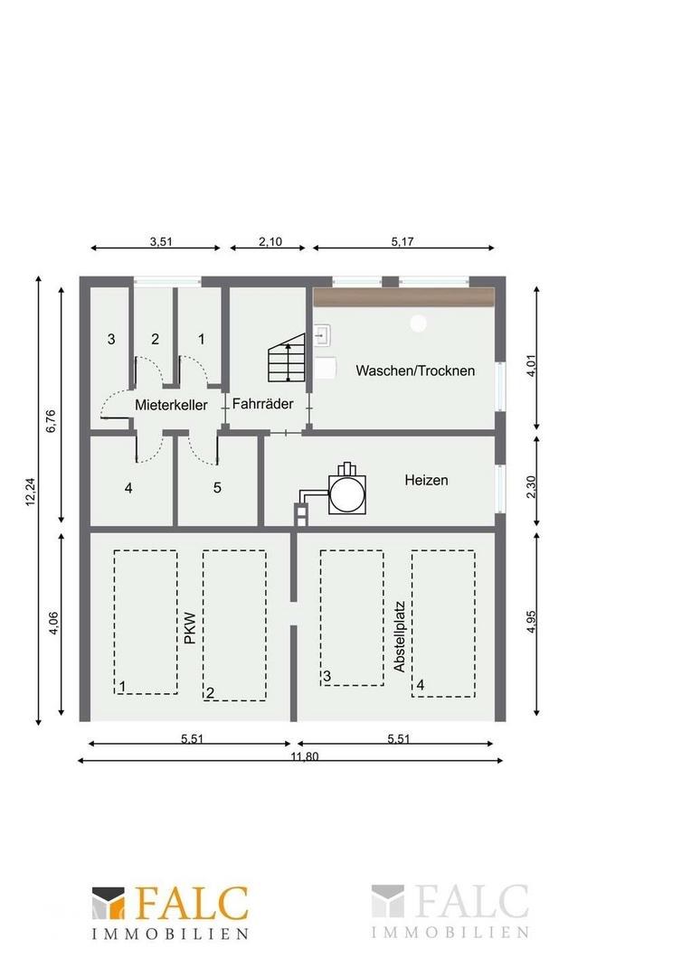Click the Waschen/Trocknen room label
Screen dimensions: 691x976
click(x=415, y=371)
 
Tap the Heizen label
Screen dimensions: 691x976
click(x=426, y=480)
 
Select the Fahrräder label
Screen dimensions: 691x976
click(x=263, y=403)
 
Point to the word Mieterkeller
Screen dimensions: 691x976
click(x=171, y=405)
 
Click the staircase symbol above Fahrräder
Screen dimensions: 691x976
click(x=287, y=358)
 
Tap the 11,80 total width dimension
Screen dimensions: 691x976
click(x=305, y=756)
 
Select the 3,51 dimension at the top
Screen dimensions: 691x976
click(x=161, y=241)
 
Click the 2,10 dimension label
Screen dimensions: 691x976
click(x=270, y=241)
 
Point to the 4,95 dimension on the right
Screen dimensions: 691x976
click(x=532, y=621)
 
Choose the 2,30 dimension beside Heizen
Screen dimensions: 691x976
click(x=532, y=487)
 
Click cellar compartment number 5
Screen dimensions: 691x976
click(x=217, y=487)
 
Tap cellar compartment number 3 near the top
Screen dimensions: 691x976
click(x=111, y=339)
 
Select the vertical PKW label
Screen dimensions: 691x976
click(x=190, y=628)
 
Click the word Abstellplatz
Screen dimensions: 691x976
click(x=400, y=636)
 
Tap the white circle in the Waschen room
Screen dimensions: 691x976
click(x=418, y=323)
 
